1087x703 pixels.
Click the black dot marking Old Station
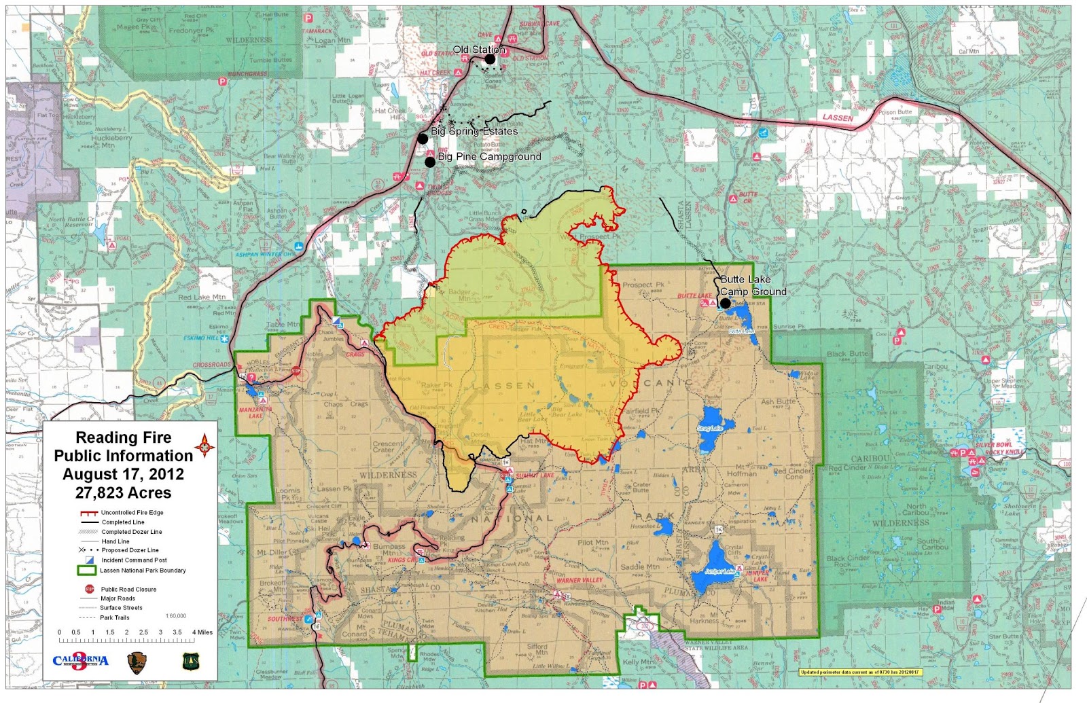pyautogui.click(x=490, y=59)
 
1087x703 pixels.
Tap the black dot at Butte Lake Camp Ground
pyautogui.click(x=726, y=303)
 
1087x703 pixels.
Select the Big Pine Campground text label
pyautogui.click(x=489, y=156)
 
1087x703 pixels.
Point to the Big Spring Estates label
pyautogui.click(x=474, y=131)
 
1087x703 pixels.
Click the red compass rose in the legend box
pyautogui.click(x=204, y=446)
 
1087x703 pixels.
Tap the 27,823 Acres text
pyautogui.click(x=123, y=493)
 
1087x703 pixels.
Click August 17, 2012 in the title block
pyautogui.click(x=123, y=474)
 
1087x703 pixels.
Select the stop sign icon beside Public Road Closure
pyautogui.click(x=88, y=589)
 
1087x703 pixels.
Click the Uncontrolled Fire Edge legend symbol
pyautogui.click(x=88, y=513)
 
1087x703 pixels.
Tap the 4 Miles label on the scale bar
pyautogui.click(x=202, y=632)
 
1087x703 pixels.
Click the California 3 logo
pyautogui.click(x=80, y=661)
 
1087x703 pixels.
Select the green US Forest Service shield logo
pyautogui.click(x=191, y=661)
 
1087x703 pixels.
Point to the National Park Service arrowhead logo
pyautogui.click(x=137, y=662)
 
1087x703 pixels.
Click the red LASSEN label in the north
pyautogui.click(x=838, y=118)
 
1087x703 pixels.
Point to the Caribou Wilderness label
pyautogui.click(x=900, y=522)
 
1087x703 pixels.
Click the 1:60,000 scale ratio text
pyautogui.click(x=175, y=616)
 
